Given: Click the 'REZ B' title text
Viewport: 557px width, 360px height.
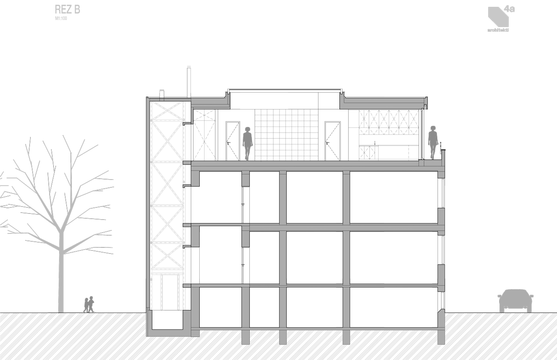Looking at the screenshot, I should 67,9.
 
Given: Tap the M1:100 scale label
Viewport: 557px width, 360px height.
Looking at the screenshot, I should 61,19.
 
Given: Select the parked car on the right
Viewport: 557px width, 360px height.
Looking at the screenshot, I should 516,300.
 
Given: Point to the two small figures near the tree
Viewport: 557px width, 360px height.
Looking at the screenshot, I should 89,304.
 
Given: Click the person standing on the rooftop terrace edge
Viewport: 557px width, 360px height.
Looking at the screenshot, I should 433,142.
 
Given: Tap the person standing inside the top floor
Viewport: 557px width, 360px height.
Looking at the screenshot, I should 248,143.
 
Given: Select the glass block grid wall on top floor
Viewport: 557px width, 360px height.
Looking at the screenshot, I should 286,135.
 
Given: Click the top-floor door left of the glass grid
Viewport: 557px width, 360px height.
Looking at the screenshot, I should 233,141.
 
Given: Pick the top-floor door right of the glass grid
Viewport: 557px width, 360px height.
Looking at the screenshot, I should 333,141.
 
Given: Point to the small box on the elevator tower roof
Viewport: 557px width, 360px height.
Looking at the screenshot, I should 162,93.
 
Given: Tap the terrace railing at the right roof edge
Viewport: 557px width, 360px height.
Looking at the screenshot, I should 441,148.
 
